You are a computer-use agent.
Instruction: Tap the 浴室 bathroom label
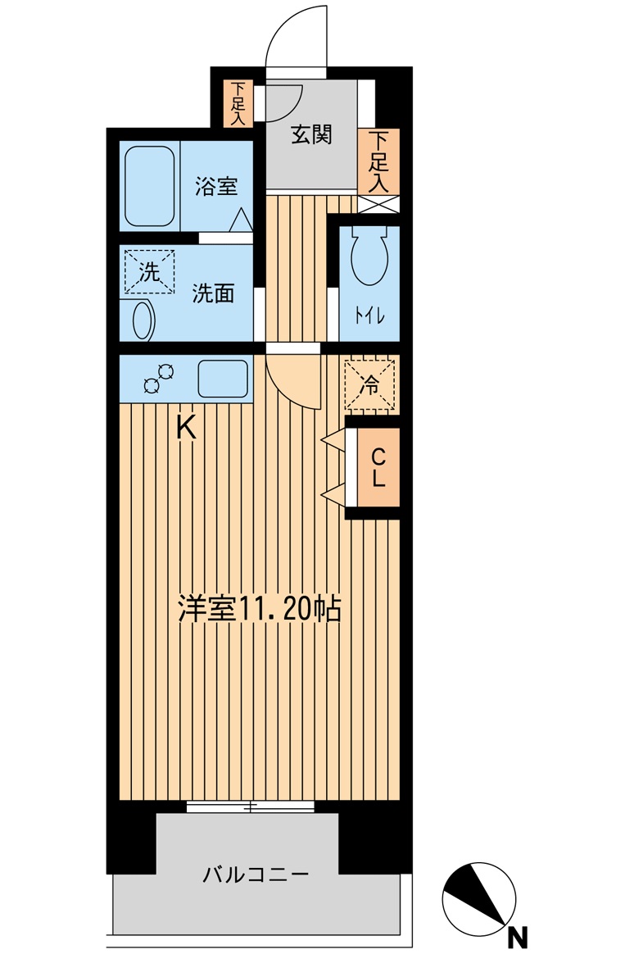coord(216,186)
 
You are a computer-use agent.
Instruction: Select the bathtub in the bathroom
coord(150,186)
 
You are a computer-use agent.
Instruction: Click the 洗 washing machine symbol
coord(149,271)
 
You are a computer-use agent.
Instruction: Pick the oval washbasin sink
coord(143,320)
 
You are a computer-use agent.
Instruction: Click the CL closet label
coord(378,468)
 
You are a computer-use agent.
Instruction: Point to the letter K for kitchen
coord(187,427)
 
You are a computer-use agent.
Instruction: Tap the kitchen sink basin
coord(223,379)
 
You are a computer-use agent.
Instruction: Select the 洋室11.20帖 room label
coord(260,609)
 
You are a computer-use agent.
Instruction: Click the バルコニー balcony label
coord(256,874)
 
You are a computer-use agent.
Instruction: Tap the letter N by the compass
coord(517,936)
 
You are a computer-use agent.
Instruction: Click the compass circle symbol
coord(478,899)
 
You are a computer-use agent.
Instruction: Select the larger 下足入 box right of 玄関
coord(378,161)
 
